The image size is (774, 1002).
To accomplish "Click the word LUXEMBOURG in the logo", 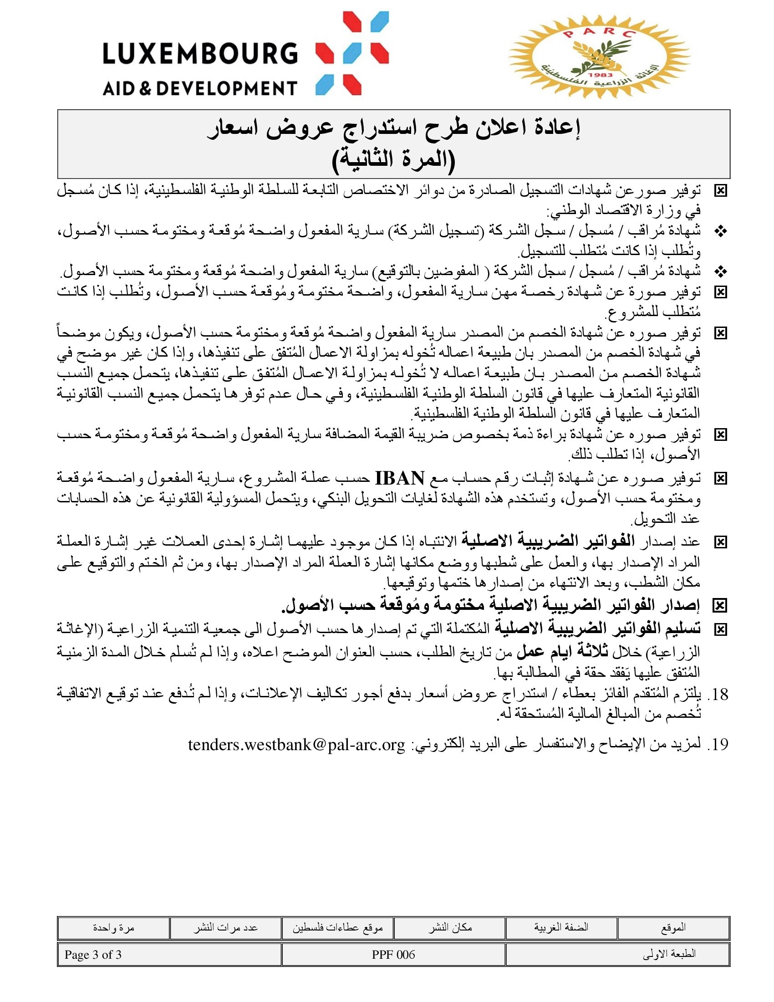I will coord(200,53).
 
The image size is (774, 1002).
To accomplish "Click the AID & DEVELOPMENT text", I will coord(200,87).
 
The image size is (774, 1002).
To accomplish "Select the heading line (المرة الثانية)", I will coord(393,160).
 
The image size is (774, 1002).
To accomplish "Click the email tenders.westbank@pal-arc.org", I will coord(297,744).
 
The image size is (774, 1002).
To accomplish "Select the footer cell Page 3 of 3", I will coord(93,955).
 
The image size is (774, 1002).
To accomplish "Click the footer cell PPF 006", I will coord(393,955).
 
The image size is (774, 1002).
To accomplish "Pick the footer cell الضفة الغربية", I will coord(561,928).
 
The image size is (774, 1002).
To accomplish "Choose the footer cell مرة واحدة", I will coord(113,928).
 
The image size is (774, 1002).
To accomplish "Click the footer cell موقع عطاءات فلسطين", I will coord(337,928).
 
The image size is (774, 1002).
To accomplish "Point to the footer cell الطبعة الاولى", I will coord(669,955).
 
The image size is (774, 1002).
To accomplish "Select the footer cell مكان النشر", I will coord(450,928).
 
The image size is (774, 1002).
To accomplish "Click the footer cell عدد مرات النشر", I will coord(225,928).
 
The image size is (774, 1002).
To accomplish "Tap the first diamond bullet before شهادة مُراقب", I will coord(721,232).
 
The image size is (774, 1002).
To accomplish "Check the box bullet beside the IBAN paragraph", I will coord(721,479).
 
